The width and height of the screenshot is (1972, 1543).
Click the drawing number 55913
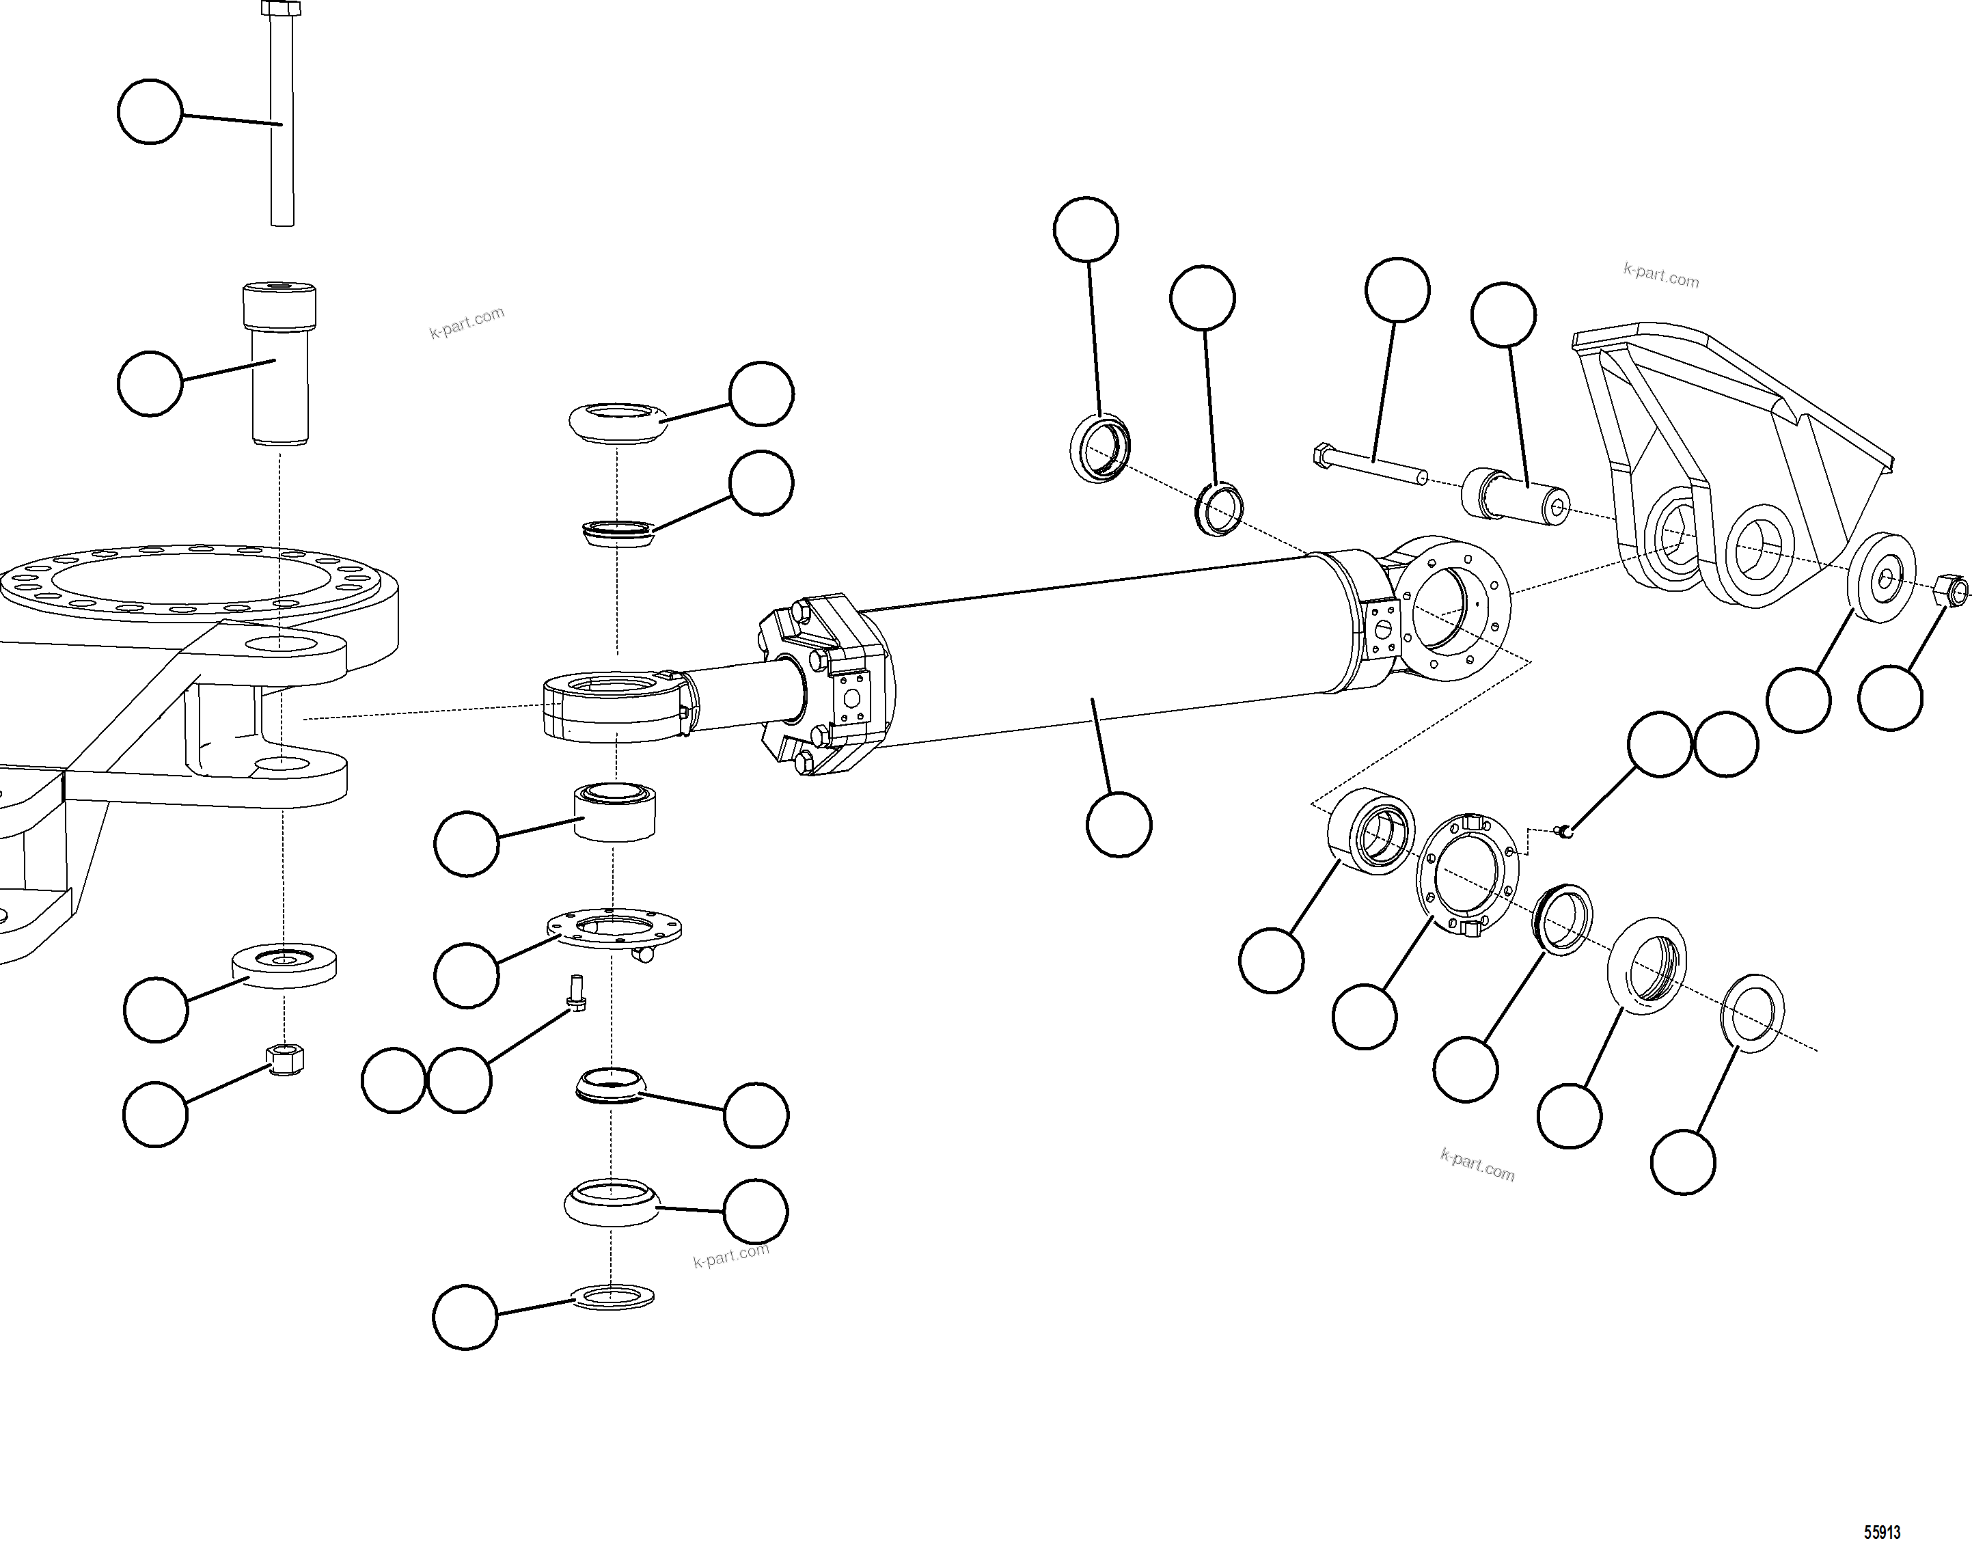(x=1882, y=1532)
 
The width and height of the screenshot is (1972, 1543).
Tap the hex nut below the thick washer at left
(x=286, y=1059)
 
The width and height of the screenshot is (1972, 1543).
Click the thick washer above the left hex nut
(x=284, y=965)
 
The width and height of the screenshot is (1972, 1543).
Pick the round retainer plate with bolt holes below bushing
(x=614, y=929)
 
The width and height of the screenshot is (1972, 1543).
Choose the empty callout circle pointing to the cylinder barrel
(x=1119, y=824)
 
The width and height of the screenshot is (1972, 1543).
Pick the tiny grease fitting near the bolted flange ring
(x=1566, y=830)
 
